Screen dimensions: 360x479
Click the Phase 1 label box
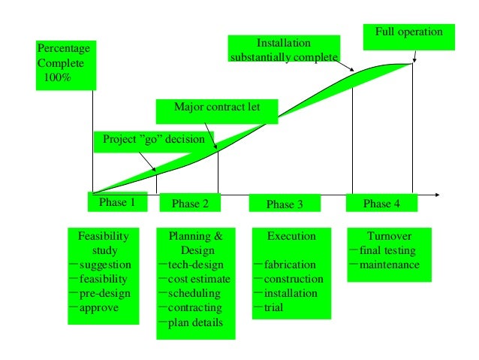pos(117,202)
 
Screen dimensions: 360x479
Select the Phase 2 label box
pos(185,203)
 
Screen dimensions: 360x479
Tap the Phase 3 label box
pos(285,204)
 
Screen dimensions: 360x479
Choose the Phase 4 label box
pos(381,203)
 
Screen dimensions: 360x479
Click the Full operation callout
pos(408,33)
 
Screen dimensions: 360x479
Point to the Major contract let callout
pos(217,107)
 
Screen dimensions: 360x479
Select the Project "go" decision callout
pos(153,140)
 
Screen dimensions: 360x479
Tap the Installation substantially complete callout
pos(283,50)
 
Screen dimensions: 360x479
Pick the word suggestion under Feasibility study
pos(105,265)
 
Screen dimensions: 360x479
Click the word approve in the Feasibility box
pos(99,307)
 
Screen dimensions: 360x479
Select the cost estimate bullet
pos(199,279)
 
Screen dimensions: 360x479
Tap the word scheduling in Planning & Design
pos(194,293)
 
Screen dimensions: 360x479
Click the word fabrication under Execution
pos(290,265)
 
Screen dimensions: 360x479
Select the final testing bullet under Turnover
pos(387,250)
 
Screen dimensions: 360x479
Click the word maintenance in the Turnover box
pos(389,265)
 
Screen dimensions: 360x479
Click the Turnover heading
pos(388,236)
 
